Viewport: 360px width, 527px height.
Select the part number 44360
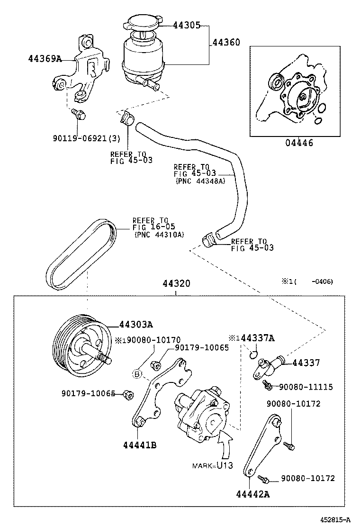[225, 43]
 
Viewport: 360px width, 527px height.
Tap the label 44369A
[45, 59]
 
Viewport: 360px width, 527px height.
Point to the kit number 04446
[299, 143]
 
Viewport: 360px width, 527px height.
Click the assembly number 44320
[176, 284]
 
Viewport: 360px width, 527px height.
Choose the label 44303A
[136, 325]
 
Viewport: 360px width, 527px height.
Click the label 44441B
[140, 445]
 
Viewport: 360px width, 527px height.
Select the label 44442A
[253, 494]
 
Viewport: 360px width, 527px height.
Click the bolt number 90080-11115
[306, 387]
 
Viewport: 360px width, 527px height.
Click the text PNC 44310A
[159, 235]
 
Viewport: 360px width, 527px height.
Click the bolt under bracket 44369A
[78, 114]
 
